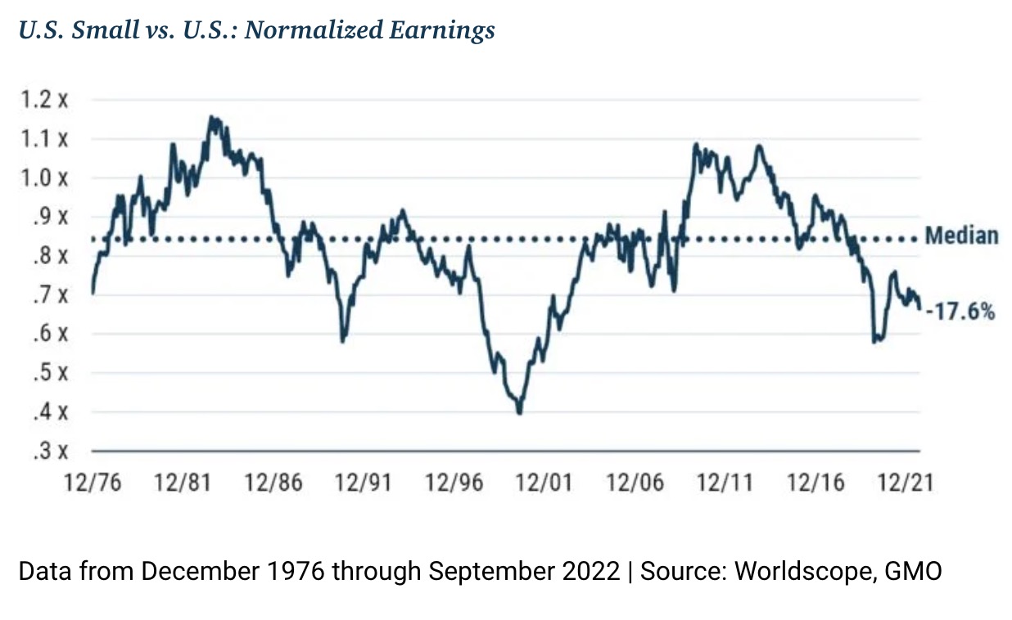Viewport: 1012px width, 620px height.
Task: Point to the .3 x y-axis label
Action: [x=51, y=452]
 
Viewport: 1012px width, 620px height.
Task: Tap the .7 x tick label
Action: [x=51, y=295]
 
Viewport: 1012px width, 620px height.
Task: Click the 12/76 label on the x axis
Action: [x=93, y=483]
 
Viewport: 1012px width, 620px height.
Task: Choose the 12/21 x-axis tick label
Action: [x=905, y=483]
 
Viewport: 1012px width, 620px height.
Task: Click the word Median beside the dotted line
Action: [x=961, y=236]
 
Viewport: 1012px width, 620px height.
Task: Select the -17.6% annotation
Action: [x=960, y=311]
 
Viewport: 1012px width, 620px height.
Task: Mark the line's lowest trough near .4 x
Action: [x=519, y=412]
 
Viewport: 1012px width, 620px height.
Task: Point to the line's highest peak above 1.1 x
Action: [x=212, y=118]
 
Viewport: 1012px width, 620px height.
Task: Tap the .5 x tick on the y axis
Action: [x=51, y=374]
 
